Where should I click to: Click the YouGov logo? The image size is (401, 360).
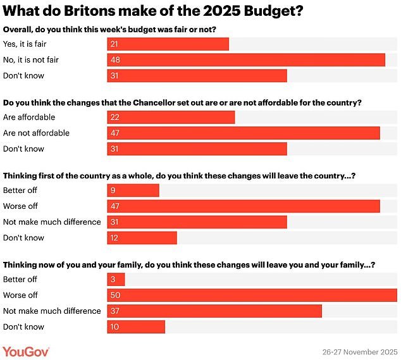click(26, 351)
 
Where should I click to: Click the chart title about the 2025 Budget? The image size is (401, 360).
click(152, 11)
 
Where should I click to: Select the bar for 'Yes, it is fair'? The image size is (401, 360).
click(168, 44)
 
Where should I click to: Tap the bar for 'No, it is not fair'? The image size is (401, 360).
click(246, 59)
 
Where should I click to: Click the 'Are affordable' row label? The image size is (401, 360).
click(29, 117)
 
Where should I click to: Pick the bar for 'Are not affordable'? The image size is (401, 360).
click(244, 133)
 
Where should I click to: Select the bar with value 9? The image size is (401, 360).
click(133, 190)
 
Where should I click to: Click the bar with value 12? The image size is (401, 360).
click(142, 238)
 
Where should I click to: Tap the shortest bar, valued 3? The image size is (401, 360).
click(116, 279)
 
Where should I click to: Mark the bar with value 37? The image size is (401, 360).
click(214, 311)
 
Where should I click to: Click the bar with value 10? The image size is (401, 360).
click(136, 326)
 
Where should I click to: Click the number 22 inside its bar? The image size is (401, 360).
click(114, 118)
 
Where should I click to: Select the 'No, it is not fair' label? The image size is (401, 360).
click(36, 59)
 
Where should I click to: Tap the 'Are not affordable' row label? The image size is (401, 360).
click(36, 133)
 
